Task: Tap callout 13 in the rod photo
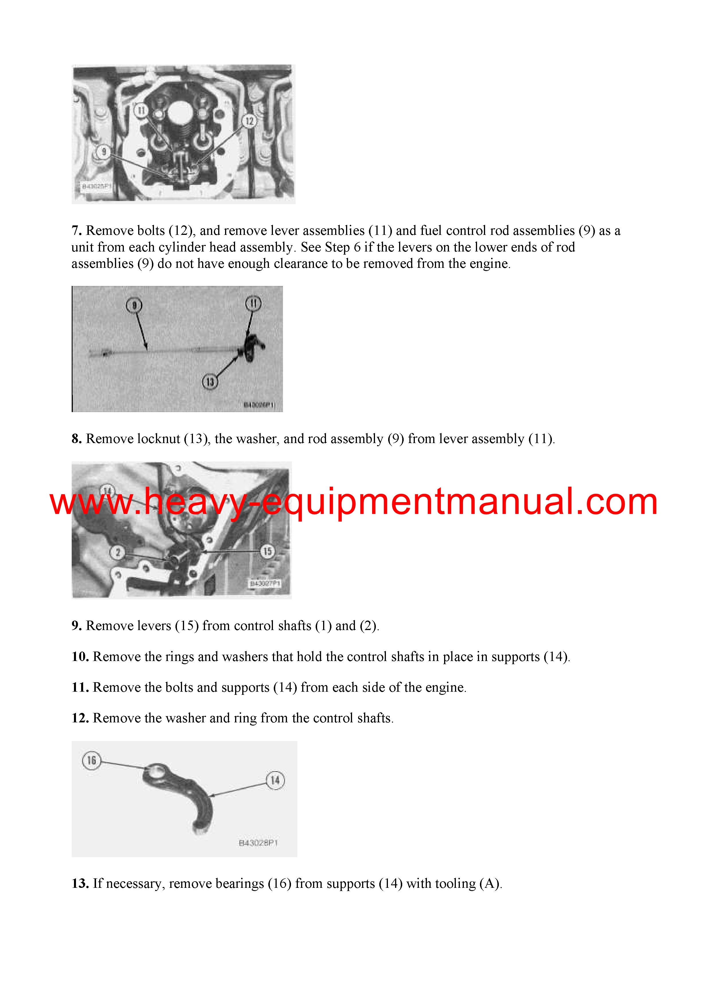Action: point(210,382)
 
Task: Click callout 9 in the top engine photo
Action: point(104,152)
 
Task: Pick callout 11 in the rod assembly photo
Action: point(253,303)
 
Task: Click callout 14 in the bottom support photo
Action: point(275,780)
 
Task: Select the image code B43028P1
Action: point(259,843)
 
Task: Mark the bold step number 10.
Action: point(81,656)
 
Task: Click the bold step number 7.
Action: point(77,231)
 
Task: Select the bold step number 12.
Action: point(81,718)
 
